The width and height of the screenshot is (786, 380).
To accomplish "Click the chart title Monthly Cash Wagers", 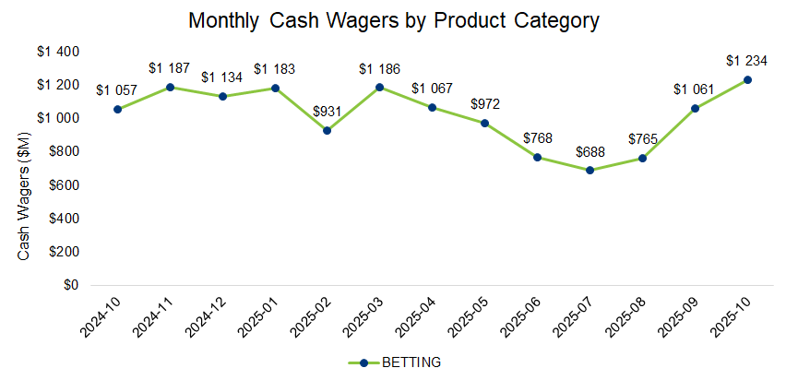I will click(x=393, y=20).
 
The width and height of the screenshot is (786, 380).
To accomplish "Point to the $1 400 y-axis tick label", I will click(x=58, y=52).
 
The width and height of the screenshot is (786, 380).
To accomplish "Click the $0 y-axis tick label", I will click(x=70, y=285).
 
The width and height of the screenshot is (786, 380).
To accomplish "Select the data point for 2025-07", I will click(x=589, y=171).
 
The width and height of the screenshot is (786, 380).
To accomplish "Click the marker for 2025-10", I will click(x=747, y=80).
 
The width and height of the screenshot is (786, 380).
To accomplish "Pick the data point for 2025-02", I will click(x=327, y=130).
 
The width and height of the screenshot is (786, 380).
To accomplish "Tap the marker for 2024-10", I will click(x=117, y=109).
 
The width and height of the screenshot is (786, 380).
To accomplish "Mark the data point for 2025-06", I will click(x=537, y=158).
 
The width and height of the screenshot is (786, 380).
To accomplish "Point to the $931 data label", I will click(x=327, y=112).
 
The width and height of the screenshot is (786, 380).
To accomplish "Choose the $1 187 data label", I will click(x=170, y=68).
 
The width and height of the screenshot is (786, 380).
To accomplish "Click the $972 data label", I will click(x=484, y=104).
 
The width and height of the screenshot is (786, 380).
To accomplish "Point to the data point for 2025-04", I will click(x=432, y=108).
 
